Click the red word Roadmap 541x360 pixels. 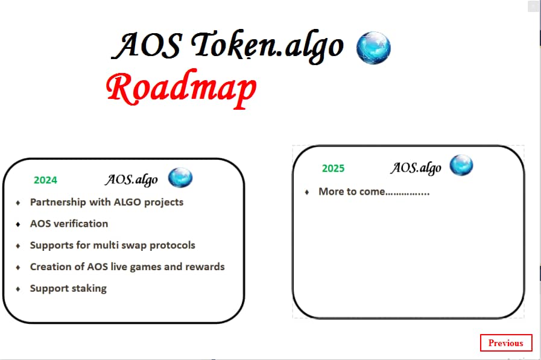click(181, 89)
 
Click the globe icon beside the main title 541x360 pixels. click(373, 48)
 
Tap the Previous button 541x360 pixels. click(505, 343)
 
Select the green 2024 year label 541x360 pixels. click(45, 180)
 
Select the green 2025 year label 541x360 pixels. click(333, 168)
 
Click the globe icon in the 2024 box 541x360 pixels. click(180, 178)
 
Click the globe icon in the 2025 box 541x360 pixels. click(461, 165)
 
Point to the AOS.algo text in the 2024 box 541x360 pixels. click(131, 179)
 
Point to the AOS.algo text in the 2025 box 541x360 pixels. click(416, 168)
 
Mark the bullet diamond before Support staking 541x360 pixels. click(18, 289)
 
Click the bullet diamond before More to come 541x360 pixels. click(307, 192)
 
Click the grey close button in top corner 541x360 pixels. click(533, 7)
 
